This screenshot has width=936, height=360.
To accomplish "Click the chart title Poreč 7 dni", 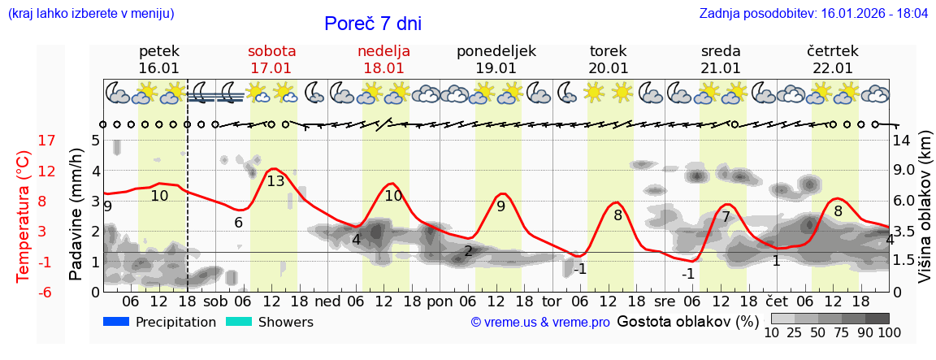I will tap(373, 24).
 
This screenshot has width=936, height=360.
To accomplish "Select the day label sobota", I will tap(271, 51).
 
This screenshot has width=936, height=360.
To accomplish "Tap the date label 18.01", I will tap(383, 68).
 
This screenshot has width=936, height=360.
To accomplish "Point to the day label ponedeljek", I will tap(496, 51).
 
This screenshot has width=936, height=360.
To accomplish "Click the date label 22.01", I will tap(832, 68).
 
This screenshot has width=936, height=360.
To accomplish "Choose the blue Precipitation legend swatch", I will tap(116, 322).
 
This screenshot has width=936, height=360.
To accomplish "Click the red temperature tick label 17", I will tap(47, 141).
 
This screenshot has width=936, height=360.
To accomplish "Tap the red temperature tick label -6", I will tap(47, 292).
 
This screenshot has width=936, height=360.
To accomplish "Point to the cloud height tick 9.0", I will tap(905, 171).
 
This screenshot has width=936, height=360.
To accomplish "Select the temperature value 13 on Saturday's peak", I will tap(275, 181).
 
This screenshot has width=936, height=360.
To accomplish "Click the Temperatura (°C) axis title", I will tap(23, 215).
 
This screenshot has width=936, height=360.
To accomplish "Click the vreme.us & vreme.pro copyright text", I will tap(540, 322).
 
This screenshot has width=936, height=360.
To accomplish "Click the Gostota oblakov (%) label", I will tap(687, 321).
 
